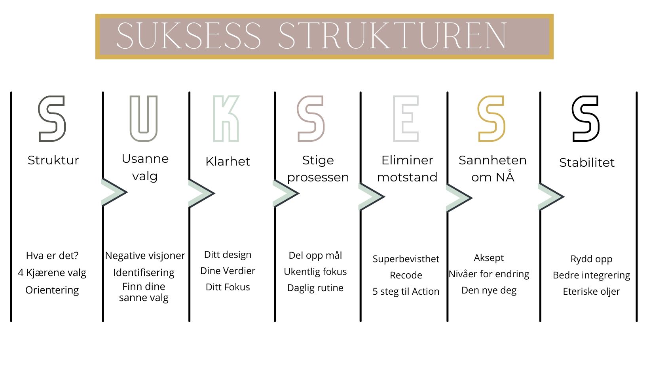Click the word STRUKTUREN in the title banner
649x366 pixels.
click(392, 36)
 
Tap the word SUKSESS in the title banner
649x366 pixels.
click(189, 36)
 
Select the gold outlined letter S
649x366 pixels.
click(491, 119)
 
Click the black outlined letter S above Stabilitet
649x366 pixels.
click(586, 119)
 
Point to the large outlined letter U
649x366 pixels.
click(144, 119)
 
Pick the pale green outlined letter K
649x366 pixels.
click(226, 119)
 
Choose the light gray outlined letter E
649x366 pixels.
click(406, 119)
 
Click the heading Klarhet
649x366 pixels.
click(228, 161)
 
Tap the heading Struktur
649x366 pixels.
click(53, 160)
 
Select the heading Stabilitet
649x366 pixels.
click(586, 162)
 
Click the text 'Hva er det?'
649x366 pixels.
click(52, 255)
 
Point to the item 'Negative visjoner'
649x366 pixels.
click(145, 256)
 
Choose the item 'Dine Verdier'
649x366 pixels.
click(228, 271)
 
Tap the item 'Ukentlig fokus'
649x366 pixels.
click(315, 272)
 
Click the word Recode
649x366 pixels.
click(406, 275)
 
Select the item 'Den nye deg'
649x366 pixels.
click(489, 290)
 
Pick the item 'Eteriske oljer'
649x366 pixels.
click(591, 292)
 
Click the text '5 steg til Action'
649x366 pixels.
click(406, 292)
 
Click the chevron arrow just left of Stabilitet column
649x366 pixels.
click(551, 196)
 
